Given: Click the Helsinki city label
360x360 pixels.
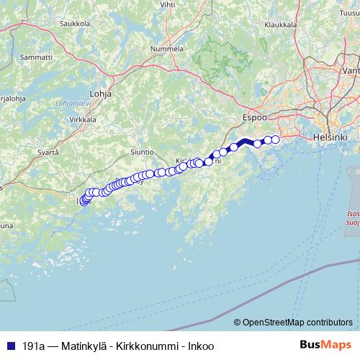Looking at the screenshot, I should point(330,136).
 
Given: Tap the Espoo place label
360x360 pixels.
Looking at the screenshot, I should point(254,116).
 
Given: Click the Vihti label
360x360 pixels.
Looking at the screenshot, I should point(167,4).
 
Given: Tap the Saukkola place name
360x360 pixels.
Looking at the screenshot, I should point(74,23).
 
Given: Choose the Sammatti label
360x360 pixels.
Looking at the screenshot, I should point(35,56).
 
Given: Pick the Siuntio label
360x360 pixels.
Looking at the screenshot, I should point(142,153).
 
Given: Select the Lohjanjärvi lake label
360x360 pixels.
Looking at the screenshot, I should point(71,104).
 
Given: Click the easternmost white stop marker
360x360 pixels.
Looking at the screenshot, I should point(275,139).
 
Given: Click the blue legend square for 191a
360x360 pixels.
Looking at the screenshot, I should point(8,346).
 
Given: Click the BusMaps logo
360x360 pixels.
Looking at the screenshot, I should point(325,345).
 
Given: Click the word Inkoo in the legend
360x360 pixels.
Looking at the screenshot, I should point(200,346).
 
